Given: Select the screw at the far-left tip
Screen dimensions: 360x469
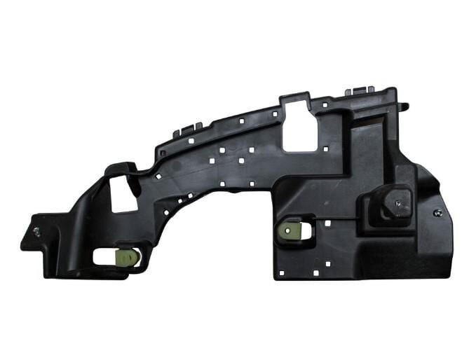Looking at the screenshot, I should (x=36, y=230).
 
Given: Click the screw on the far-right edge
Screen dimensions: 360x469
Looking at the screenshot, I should (x=437, y=213).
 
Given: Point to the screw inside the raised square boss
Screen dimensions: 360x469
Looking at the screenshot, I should (x=398, y=203).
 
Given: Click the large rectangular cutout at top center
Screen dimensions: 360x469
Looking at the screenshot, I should (x=299, y=125).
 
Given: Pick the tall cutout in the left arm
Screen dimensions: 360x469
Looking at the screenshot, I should (x=123, y=192).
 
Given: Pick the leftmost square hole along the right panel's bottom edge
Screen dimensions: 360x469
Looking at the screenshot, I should (x=282, y=272).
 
